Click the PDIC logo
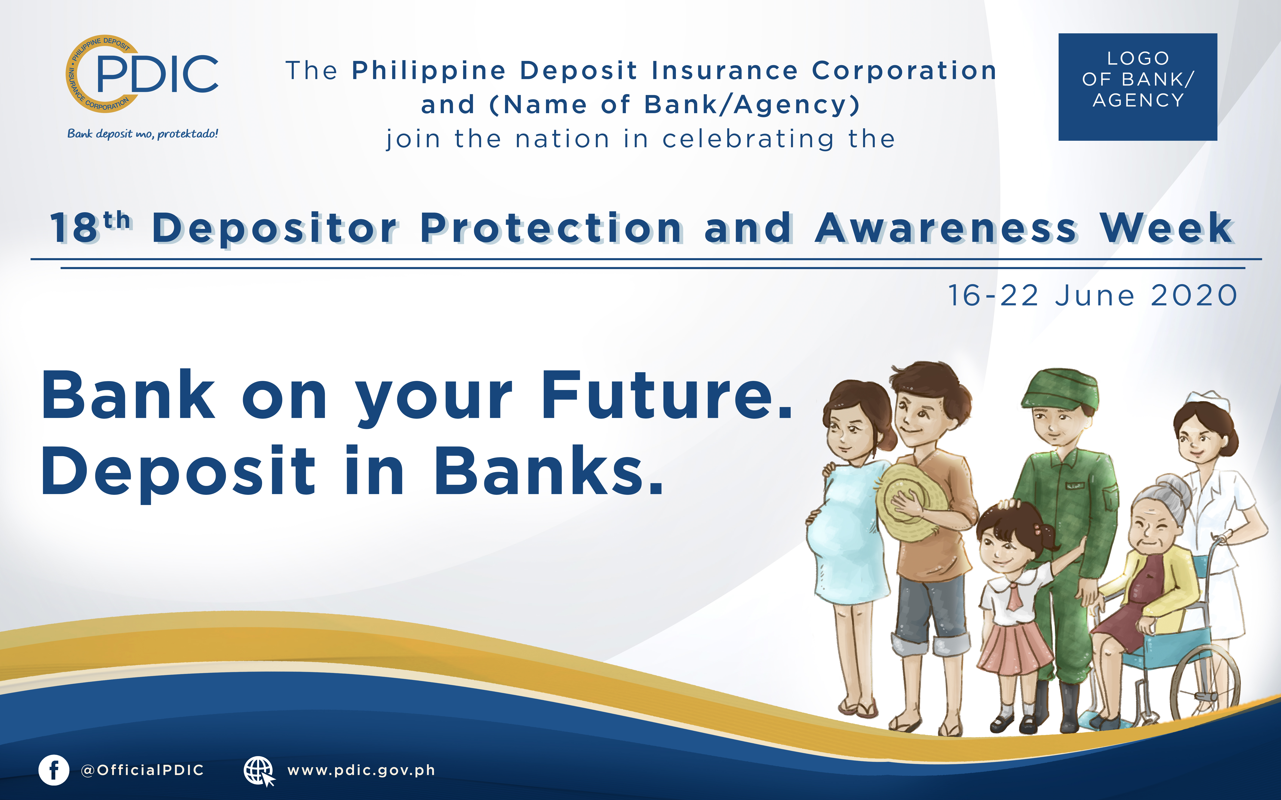coord(142,74)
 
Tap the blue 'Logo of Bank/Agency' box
coord(1138,87)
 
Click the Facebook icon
coord(53,770)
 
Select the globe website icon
coord(259,771)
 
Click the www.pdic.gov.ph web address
coord(361,770)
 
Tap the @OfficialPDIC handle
coord(142,770)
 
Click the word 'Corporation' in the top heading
coord(904,71)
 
